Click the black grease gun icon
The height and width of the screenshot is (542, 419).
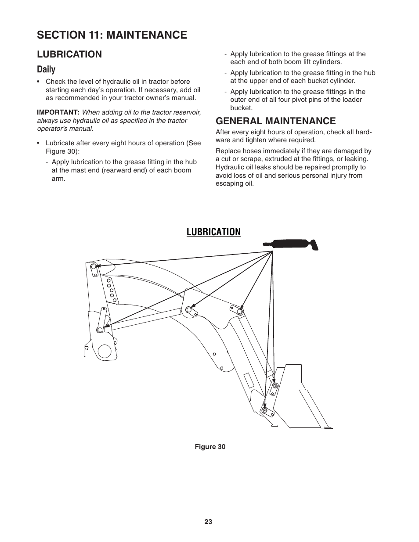point(291,244)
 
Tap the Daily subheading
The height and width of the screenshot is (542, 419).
point(46,69)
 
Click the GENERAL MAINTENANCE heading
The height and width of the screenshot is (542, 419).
point(275,121)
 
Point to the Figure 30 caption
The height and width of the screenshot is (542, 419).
point(210,447)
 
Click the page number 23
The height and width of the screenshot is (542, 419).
point(208,522)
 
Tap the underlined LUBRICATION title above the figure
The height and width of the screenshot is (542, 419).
point(213,232)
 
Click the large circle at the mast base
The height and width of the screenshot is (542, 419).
point(105,351)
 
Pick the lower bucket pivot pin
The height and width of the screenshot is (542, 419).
point(264,410)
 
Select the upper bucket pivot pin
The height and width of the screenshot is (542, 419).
point(275,385)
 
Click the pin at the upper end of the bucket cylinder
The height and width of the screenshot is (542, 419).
point(240,311)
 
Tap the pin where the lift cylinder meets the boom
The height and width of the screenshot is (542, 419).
point(189,310)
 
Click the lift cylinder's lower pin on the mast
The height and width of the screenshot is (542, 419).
point(100,330)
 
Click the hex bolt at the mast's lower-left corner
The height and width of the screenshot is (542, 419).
point(87,348)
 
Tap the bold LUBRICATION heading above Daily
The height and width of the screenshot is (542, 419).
point(69,54)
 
